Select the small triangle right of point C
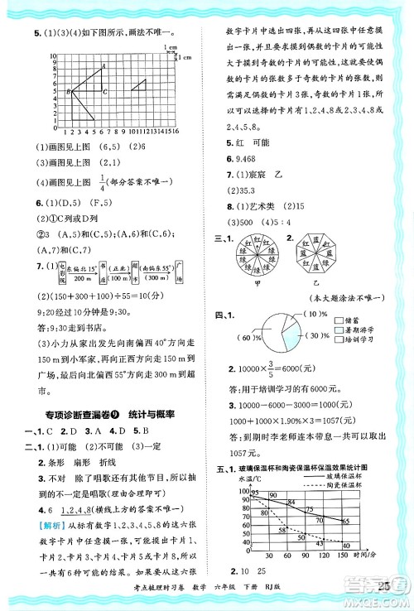pos(138,86)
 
